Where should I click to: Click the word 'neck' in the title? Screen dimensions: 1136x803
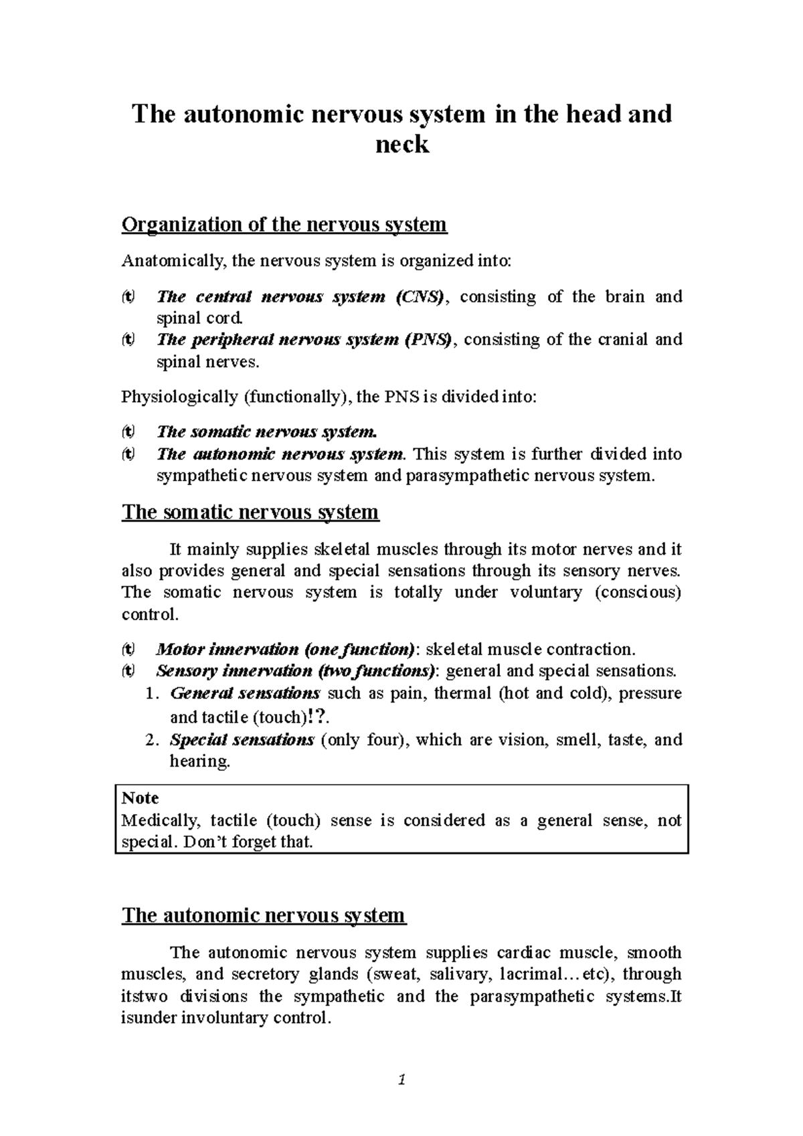point(401,144)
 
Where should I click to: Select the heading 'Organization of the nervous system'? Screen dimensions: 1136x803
point(284,224)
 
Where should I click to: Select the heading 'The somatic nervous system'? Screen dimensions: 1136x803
point(250,512)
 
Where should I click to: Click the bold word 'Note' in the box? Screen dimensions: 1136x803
point(140,798)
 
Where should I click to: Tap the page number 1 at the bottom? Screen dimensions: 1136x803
point(402,1079)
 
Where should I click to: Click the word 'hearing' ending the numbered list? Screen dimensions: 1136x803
point(199,761)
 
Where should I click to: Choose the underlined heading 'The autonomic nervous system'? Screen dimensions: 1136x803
point(263,915)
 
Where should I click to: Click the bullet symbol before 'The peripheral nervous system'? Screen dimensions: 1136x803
point(127,339)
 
